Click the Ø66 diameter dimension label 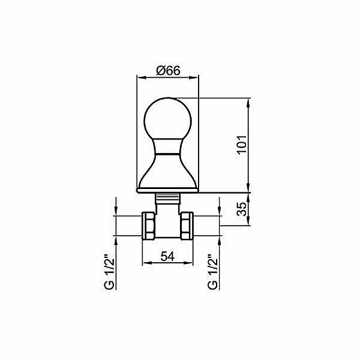coord(168,70)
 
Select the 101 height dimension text coord(242,145)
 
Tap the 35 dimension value coord(242,209)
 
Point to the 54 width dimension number coord(167,256)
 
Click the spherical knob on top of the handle coord(167,119)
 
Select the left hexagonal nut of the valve coord(148,226)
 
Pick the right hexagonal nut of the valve coord(187,226)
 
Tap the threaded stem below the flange coord(167,199)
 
